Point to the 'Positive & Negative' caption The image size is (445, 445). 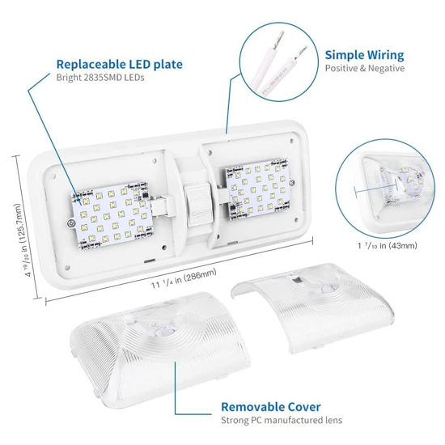click(365, 69)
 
